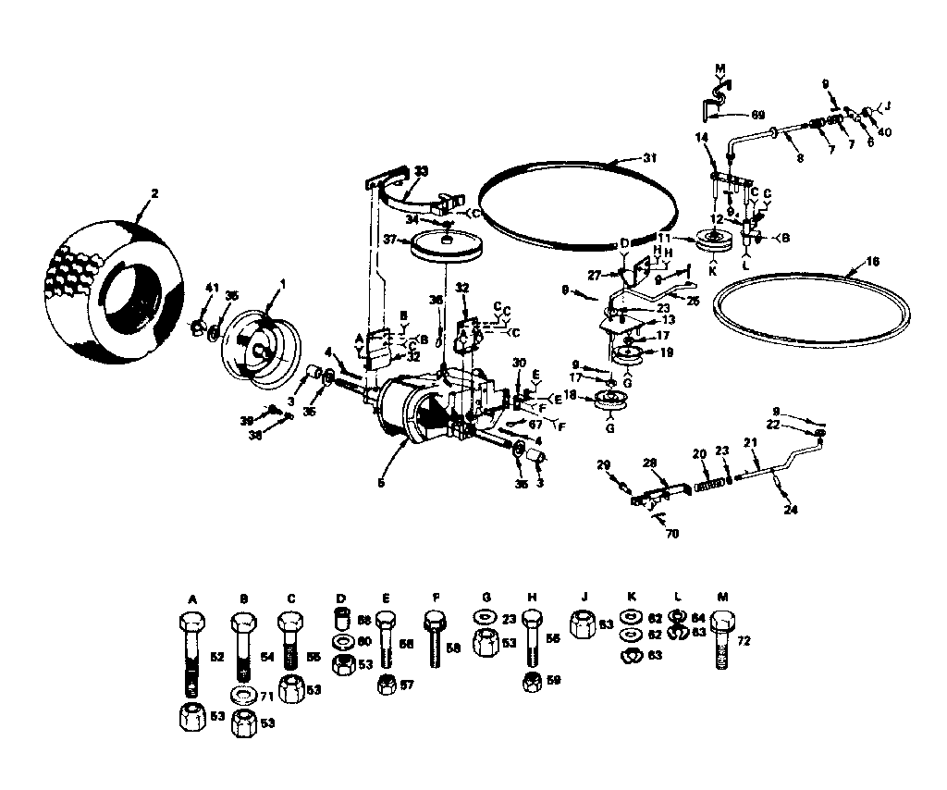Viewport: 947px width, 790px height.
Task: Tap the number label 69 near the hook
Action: click(x=757, y=115)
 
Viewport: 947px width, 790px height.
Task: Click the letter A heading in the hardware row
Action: click(x=192, y=599)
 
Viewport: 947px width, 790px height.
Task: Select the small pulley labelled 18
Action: click(x=609, y=399)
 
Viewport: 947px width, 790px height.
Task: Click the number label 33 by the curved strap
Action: click(x=421, y=170)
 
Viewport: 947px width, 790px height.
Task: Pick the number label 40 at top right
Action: click(x=885, y=132)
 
